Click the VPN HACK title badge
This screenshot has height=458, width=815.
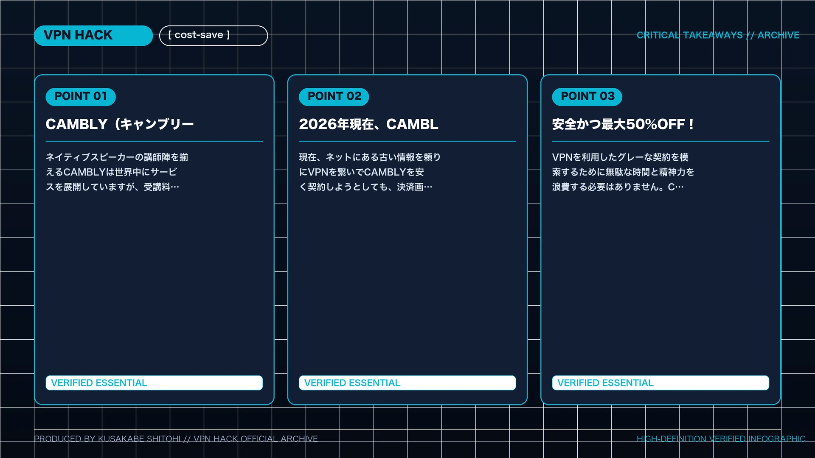pos(93,36)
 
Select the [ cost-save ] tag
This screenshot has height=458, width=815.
pos(214,36)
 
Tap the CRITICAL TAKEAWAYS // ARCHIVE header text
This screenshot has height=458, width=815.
pos(718,35)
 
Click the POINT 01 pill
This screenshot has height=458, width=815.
pos(81,97)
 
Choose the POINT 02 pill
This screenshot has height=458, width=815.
pos(334,97)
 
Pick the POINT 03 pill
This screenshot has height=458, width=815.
pos(587,97)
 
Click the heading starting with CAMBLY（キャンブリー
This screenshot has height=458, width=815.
pos(120,124)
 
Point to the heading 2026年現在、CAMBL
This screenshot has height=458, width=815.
pos(368,124)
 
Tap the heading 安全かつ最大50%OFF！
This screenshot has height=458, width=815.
pos(623,124)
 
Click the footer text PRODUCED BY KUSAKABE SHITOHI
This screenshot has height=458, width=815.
pos(107,439)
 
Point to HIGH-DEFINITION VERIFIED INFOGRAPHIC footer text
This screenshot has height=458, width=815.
pos(721,439)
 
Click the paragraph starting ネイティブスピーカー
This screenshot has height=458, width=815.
pos(117,172)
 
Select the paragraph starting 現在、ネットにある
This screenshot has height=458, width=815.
pos(370,172)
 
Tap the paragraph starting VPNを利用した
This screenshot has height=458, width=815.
pos(623,172)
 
